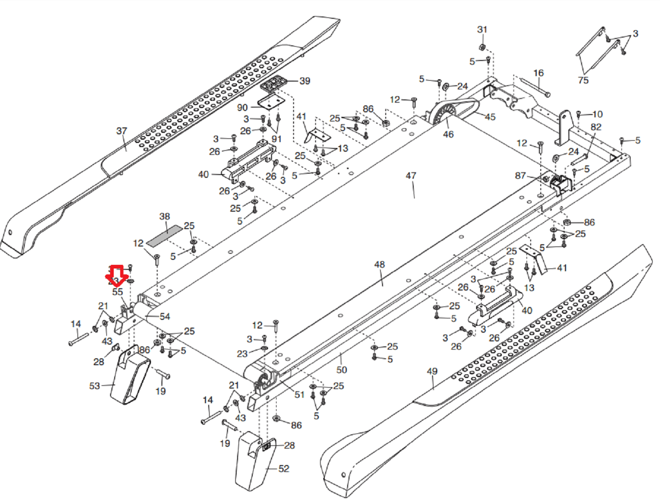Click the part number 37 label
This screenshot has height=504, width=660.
[122, 131]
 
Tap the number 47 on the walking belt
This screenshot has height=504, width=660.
[411, 175]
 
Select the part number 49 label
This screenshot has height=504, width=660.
[432, 371]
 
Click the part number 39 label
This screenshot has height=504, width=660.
[305, 81]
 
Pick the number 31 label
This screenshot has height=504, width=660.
[482, 30]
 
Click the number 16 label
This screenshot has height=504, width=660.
[538, 73]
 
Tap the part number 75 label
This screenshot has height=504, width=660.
[583, 80]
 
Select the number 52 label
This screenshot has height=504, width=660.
[284, 469]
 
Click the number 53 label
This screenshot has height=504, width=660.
[94, 386]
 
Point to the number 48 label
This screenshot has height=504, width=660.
[379, 264]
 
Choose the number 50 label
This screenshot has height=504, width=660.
[342, 369]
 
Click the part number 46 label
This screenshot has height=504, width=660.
[448, 134]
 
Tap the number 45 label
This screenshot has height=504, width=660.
[490, 117]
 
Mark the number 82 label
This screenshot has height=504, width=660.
[596, 127]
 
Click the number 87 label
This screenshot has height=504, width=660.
[520, 175]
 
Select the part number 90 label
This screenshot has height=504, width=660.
[242, 108]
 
